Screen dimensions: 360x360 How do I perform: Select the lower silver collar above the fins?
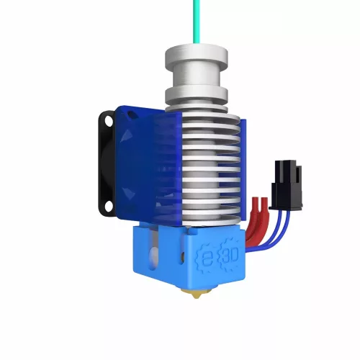[x=196, y=94]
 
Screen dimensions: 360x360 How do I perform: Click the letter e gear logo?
[x=205, y=256]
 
